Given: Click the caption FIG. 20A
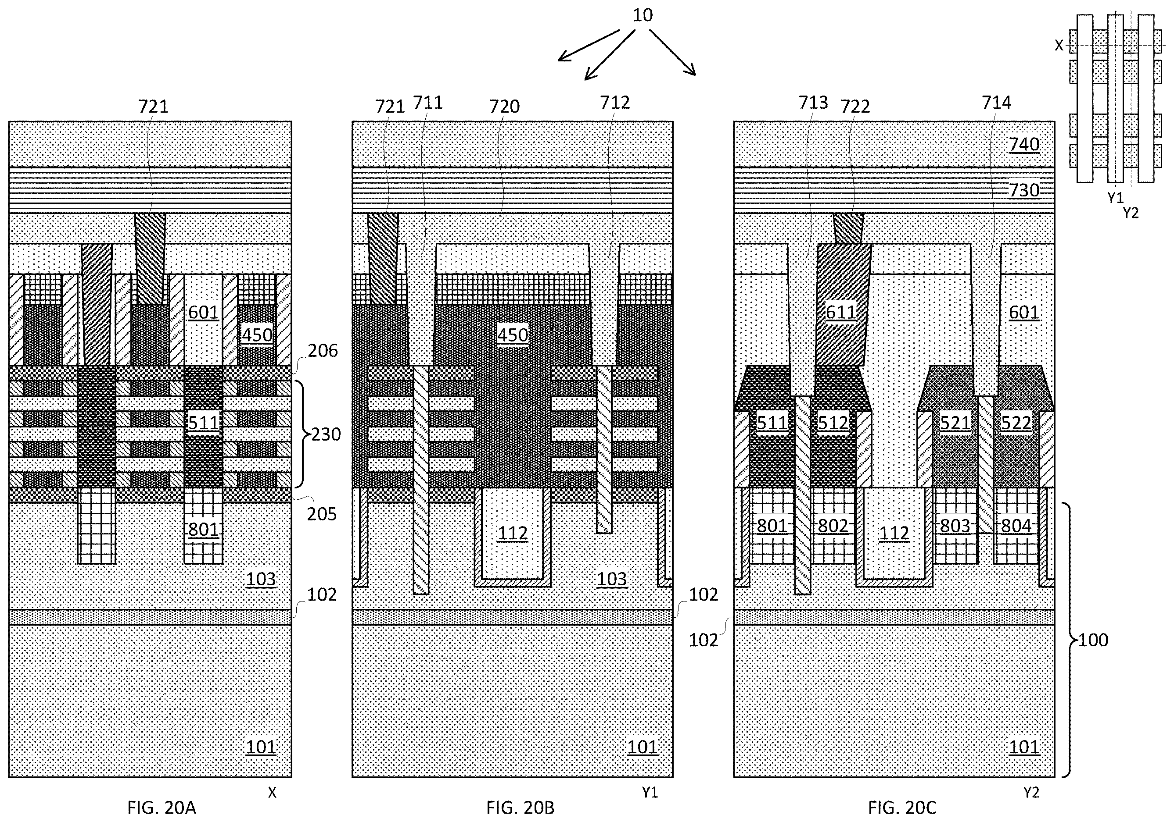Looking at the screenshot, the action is [162, 808].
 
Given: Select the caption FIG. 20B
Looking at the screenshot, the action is [520, 808].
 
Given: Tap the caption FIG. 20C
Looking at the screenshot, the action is [902, 808].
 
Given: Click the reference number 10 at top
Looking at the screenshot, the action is [642, 15].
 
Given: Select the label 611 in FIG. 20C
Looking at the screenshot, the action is [840, 312].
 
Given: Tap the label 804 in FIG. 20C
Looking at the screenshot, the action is [1016, 526].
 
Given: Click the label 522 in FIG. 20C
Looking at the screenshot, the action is [1016, 423].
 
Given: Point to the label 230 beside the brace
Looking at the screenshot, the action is [326, 434].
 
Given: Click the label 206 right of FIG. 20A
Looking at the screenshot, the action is [323, 350].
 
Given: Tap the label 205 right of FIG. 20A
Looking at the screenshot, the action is [322, 514].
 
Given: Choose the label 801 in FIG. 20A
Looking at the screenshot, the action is [204, 529].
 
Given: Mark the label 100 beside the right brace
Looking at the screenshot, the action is [1093, 640].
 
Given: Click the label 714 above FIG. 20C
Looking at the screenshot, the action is [996, 103].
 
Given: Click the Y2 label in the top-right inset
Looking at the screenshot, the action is [1131, 213].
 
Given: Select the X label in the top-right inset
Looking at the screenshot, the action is [1059, 46].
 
